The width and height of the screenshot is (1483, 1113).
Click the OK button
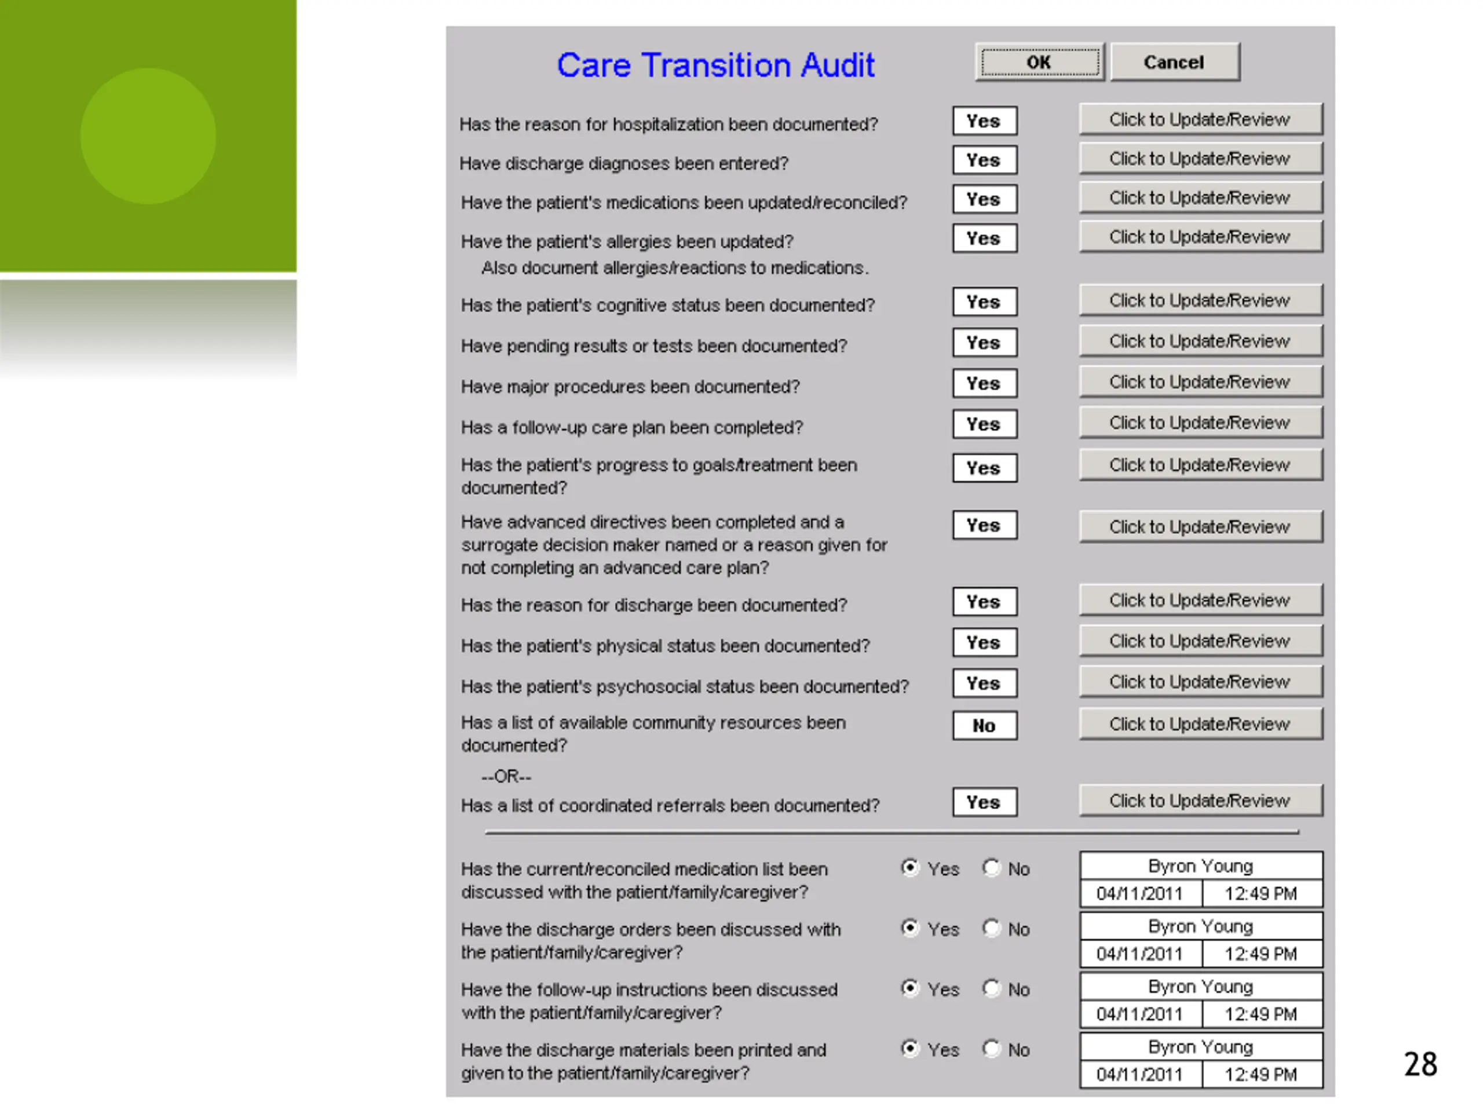pos(1039,63)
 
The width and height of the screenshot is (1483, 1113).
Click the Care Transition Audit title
pos(715,65)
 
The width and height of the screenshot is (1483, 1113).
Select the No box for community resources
pos(984,725)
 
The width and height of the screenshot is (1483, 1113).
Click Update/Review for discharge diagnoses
pos(1201,158)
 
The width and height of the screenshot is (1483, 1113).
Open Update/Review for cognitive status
pos(1201,300)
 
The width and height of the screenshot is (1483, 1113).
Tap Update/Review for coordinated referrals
pos(1201,801)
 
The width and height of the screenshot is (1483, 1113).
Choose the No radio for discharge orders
pos(991,928)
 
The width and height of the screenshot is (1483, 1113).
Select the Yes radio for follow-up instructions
pos(909,988)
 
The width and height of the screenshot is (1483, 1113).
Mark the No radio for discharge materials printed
pos(991,1049)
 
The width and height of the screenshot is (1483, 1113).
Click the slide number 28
pos(1420,1065)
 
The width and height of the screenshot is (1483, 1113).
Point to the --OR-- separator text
pos(506,777)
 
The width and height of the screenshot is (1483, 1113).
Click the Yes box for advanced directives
pos(984,525)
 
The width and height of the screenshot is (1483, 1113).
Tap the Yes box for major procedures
pos(984,384)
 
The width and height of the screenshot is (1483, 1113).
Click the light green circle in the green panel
pos(148,136)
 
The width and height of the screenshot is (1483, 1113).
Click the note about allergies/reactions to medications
pos(675,268)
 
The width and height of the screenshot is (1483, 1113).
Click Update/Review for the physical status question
pos(1201,641)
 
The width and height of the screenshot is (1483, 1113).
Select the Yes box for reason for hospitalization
pos(984,121)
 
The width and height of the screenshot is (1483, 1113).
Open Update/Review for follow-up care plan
pos(1201,423)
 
